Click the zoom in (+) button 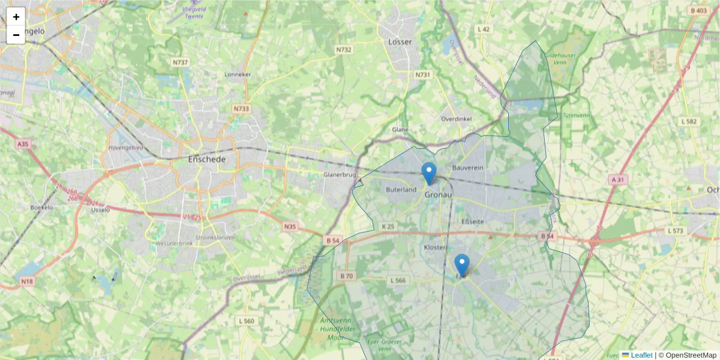click(16, 17)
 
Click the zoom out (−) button click(16, 35)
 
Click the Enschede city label click(207, 160)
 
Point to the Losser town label click(400, 42)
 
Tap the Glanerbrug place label click(340, 175)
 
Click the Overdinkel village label click(456, 119)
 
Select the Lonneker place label click(237, 74)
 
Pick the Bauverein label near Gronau click(468, 168)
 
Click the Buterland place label click(401, 190)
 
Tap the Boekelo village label click(42, 207)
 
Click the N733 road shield click(241, 109)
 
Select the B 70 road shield click(346, 276)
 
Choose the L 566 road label click(398, 280)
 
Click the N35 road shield click(290, 226)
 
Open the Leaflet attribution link click(640, 355)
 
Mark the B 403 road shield click(698, 11)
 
